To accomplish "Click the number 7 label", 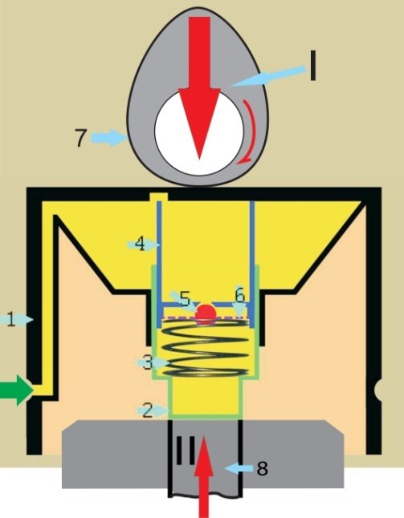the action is coord(80,137).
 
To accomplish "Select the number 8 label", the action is coord(262,468).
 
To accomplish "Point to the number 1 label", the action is coord(11,320).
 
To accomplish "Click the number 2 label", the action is coord(148,411).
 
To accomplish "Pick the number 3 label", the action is coord(148,363).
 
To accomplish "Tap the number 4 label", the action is coord(141,245).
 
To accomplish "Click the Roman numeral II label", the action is coord(186,451).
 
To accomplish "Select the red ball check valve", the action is coord(206,314).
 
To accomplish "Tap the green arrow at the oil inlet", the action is coord(16,391).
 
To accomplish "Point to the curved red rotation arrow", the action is coord(247,132).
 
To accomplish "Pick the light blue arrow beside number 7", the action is coord(108,137).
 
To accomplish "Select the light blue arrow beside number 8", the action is coord(239,468).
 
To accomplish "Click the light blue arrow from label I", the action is coord(268,76).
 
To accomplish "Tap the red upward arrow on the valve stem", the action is coord(203,477).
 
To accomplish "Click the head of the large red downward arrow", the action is coord(199,124).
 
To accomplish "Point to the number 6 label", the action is coord(240,294).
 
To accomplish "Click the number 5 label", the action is coord(186,299).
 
